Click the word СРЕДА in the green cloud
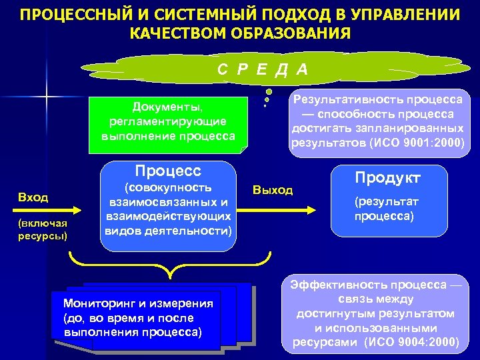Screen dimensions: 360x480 pos(262,69)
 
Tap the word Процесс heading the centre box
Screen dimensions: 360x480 pos(168,170)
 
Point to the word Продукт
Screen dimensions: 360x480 pos(388,177)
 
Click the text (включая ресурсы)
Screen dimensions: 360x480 pos(43,229)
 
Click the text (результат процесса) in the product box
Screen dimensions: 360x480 pos(383,209)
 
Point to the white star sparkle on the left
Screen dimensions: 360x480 pos(47,99)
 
